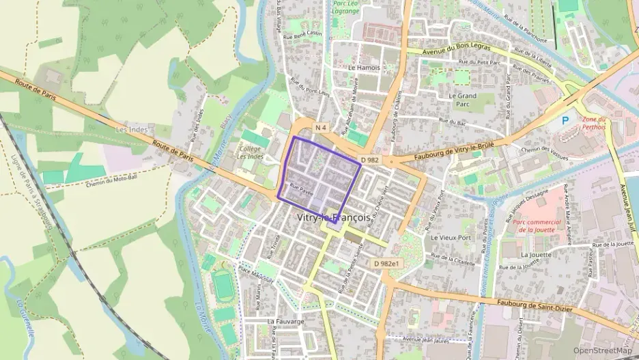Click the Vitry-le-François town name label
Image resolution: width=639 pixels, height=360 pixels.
(x=335, y=217)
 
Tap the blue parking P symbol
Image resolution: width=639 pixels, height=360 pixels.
(x=565, y=120)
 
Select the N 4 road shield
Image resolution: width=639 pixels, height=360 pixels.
(x=322, y=128)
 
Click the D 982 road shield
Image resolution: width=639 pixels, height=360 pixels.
(x=369, y=160)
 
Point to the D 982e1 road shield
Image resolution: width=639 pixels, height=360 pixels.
(x=386, y=263)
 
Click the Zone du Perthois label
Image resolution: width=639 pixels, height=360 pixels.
(x=593, y=123)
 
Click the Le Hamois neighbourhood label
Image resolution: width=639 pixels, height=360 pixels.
(x=363, y=68)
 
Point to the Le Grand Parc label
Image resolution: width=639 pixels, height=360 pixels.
(x=463, y=100)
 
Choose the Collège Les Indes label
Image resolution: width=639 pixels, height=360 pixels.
(x=250, y=152)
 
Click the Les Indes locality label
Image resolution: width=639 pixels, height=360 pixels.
(x=132, y=129)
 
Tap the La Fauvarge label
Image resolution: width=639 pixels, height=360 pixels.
(x=285, y=320)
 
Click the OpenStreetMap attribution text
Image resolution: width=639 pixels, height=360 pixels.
(x=603, y=351)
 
